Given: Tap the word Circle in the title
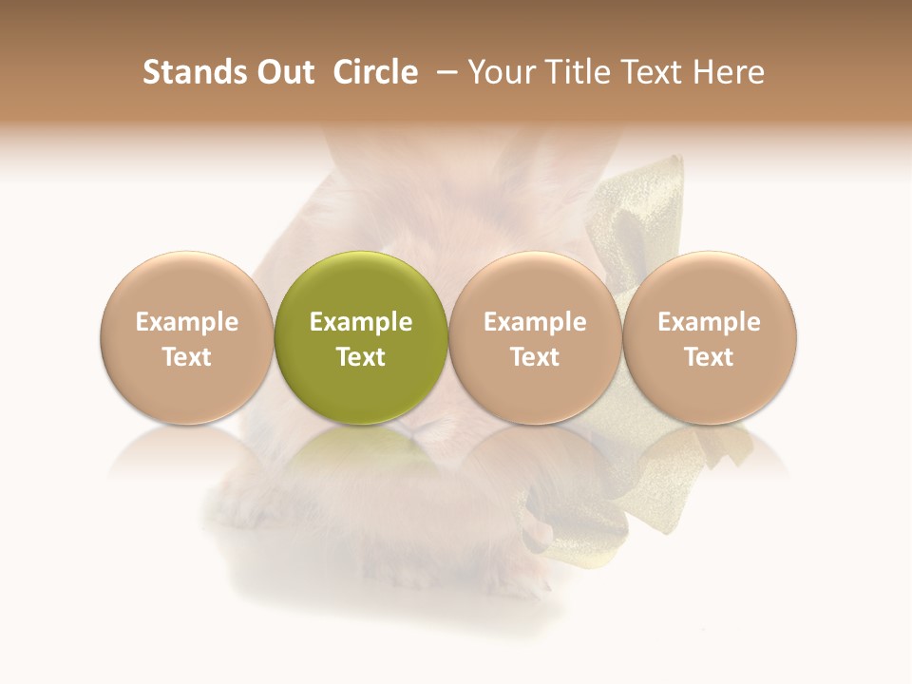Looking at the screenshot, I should coord(375,72).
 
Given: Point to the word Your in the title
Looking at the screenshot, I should coord(501,72).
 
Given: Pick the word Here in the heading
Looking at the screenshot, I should coord(730,72).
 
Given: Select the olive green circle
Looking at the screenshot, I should coord(361,337).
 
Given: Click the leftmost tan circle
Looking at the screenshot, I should coord(186,337).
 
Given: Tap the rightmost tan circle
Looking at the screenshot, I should coord(710,337).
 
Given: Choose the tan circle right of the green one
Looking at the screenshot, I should coord(535,337).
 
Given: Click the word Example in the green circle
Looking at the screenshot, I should coord(361,322).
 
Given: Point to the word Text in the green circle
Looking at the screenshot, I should coord(361,357).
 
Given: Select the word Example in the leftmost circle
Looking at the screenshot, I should coord(186,322).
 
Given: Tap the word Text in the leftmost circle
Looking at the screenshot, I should coord(186,357).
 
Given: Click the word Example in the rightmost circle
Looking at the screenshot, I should coord(710,322).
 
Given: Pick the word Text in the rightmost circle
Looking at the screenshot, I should coord(710,357).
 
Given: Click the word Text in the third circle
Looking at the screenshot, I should coord(535,357).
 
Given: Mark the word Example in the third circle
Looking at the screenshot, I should coord(535,322).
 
